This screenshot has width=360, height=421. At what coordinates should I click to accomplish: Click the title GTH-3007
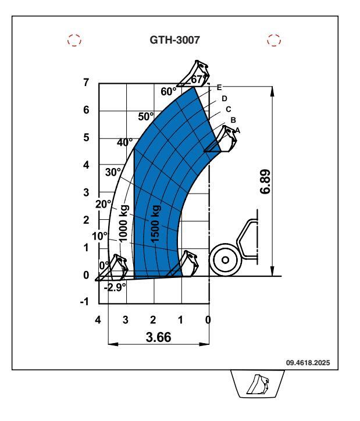(174, 40)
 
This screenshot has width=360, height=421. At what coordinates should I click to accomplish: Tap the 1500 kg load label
(155, 224)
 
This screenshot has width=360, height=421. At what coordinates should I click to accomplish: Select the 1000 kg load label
(123, 223)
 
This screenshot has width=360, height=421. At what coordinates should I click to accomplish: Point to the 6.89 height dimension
(265, 182)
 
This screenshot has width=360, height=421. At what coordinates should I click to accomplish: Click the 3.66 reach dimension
(158, 337)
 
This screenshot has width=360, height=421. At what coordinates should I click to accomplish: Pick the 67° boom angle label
(199, 80)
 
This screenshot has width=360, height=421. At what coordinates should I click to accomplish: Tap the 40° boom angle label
(124, 142)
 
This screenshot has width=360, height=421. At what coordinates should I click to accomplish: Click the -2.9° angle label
(115, 287)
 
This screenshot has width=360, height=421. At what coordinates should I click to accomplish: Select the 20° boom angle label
(103, 204)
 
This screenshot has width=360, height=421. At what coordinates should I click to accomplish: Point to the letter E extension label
(219, 88)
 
